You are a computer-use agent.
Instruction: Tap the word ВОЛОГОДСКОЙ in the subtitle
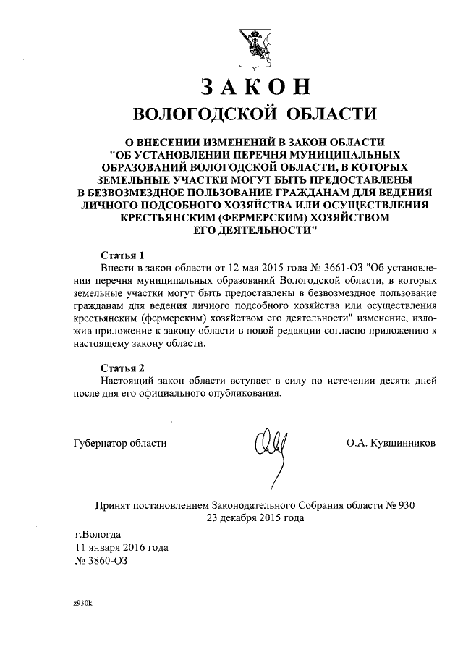203,114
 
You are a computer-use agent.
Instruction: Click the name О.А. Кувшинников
391,443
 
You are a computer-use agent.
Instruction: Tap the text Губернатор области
120,443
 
